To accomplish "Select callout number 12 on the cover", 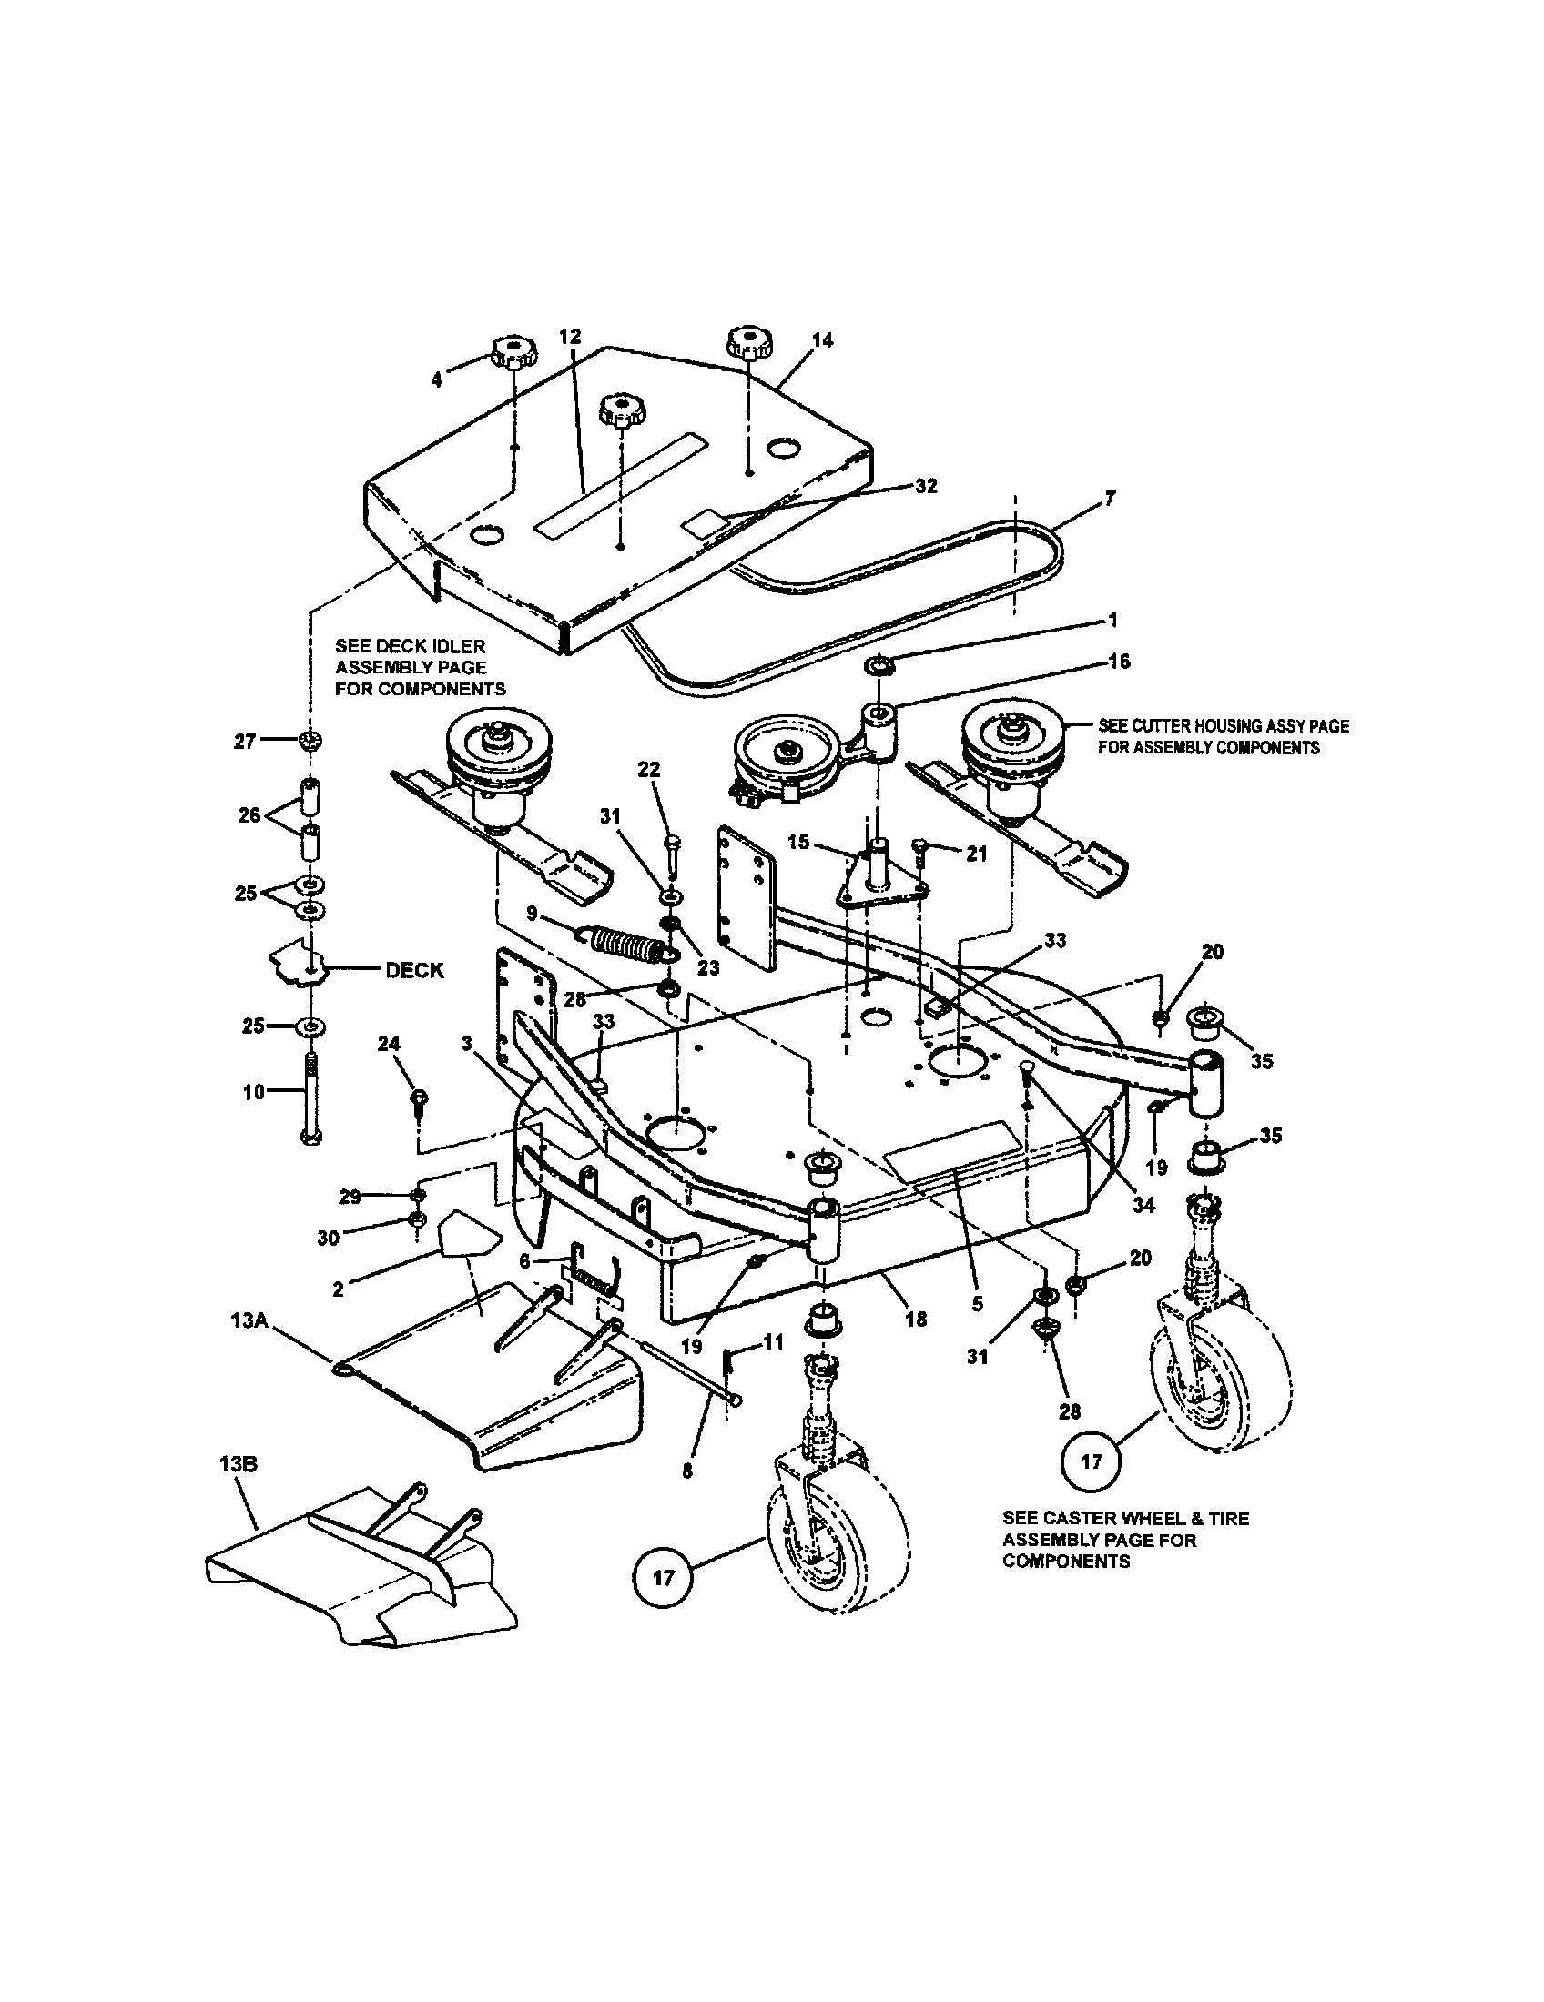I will click(x=570, y=337).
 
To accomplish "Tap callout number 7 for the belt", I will click(x=1111, y=499).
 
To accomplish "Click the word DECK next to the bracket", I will click(x=414, y=970).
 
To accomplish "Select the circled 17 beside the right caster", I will click(x=1091, y=1461).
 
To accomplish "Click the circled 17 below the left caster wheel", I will click(x=664, y=1578).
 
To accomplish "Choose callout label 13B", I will click(x=239, y=1465).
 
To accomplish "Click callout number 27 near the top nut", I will click(x=244, y=742).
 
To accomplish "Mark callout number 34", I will click(x=1144, y=1206).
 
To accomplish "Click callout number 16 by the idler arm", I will click(x=1120, y=662).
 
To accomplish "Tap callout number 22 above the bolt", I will click(x=649, y=770).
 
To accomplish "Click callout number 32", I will click(x=927, y=487).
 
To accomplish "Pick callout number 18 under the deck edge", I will click(x=916, y=1319).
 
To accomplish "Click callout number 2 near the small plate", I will click(x=339, y=1289).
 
